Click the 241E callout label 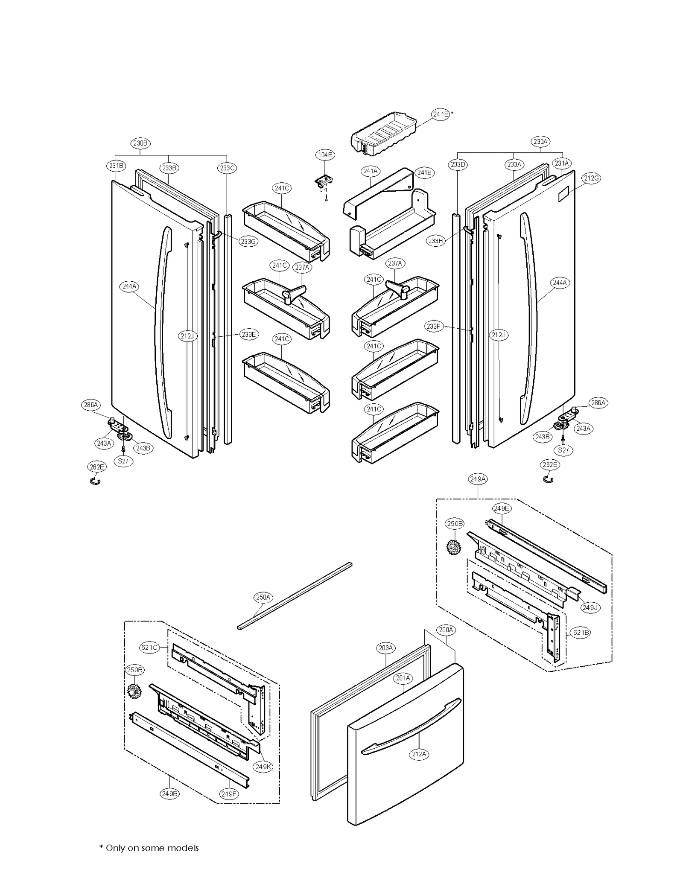[x=441, y=114]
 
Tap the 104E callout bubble [x=325, y=155]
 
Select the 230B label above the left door [x=140, y=143]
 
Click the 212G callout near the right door [x=591, y=178]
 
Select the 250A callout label [x=263, y=597]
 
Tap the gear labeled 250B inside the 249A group [x=454, y=547]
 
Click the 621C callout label [x=149, y=648]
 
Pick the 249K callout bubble [x=263, y=767]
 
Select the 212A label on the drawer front [x=419, y=754]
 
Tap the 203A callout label [x=385, y=648]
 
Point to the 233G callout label [x=248, y=241]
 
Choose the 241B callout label [x=424, y=172]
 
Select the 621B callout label [x=581, y=632]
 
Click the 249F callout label [x=229, y=794]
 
